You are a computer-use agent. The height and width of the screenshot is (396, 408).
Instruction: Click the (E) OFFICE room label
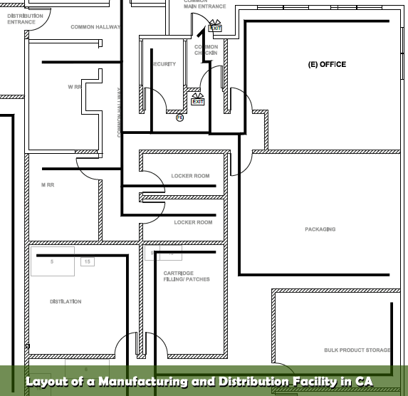tap(327, 65)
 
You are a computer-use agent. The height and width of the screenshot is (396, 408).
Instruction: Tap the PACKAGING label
tap(320, 229)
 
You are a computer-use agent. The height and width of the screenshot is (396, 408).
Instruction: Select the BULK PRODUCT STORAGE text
tap(357, 350)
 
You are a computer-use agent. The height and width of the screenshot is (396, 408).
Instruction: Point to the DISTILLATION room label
tap(66, 301)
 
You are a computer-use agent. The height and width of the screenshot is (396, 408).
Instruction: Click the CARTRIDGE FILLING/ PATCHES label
tap(187, 276)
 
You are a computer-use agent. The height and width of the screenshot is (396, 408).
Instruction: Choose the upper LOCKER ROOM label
tap(190, 176)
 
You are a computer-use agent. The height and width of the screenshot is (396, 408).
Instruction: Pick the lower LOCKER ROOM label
tap(193, 222)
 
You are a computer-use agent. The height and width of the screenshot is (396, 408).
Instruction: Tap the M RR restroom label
tap(48, 184)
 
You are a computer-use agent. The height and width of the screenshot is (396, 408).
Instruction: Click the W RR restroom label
tap(75, 87)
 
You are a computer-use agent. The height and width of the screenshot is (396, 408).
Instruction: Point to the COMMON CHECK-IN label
tap(206, 50)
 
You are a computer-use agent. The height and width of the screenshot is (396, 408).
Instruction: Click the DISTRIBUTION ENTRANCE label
tap(21, 19)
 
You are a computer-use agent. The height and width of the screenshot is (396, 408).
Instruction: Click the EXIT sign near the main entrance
tap(216, 28)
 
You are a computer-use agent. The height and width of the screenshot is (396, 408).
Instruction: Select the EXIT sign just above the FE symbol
tap(198, 102)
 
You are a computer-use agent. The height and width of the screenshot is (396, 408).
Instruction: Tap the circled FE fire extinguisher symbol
tap(180, 118)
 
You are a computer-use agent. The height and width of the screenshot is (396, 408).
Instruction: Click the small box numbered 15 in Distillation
tap(87, 262)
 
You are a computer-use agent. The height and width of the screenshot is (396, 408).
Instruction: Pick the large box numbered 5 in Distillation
tap(52, 262)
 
